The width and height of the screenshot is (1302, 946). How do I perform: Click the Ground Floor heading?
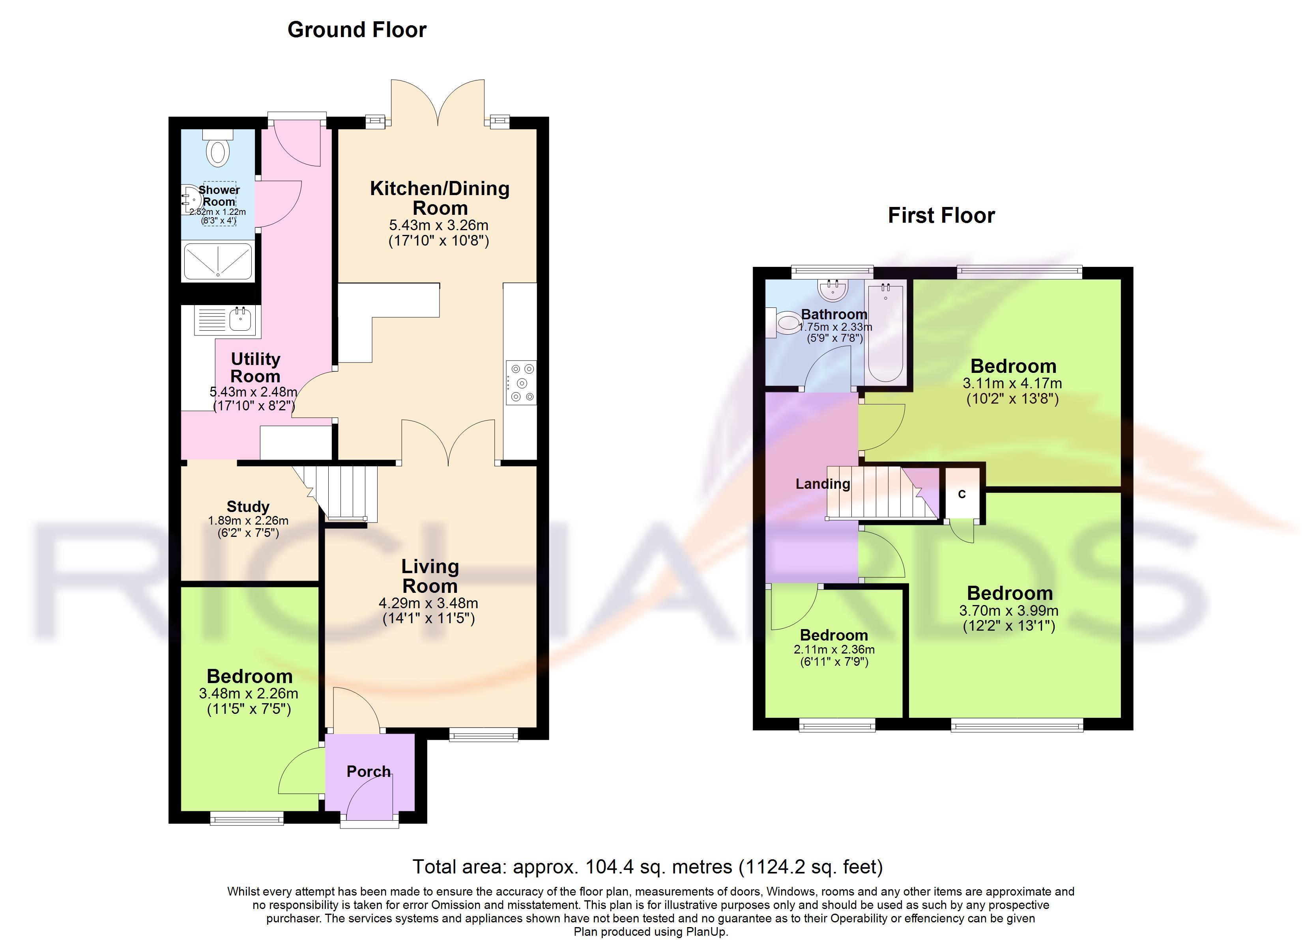[357, 30]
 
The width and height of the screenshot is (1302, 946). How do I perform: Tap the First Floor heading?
[941, 216]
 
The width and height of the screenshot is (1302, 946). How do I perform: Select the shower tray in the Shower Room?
[217, 262]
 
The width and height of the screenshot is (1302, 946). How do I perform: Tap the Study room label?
[248, 507]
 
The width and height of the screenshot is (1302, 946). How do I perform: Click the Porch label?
[369, 772]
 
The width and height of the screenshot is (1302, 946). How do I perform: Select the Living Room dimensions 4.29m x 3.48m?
[428, 603]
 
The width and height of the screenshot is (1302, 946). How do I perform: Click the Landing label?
[823, 484]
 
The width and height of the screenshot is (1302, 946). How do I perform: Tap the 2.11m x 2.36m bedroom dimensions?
[834, 650]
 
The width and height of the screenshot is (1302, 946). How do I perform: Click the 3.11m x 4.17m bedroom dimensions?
[1012, 383]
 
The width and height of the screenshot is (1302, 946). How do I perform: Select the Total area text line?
[647, 867]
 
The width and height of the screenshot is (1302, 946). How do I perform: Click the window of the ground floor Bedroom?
[247, 818]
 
